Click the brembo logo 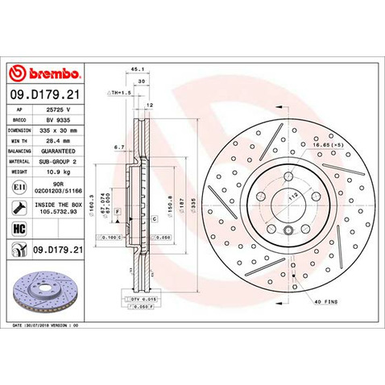pyautogui.click(x=45, y=75)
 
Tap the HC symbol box pyautogui.click(x=18, y=228)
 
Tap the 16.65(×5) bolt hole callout pyautogui.click(x=339, y=144)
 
